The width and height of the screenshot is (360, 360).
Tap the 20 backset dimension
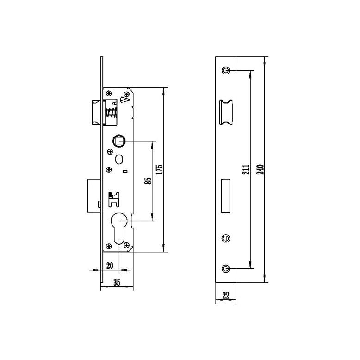pos(110,266)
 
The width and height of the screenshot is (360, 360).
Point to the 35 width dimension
pos(117,283)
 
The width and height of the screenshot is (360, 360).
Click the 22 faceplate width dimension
pos(226,296)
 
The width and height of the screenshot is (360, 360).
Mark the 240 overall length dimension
pos(260,169)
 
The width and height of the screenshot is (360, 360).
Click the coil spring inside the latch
pos(112,113)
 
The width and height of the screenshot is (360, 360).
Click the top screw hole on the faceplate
pos(225,70)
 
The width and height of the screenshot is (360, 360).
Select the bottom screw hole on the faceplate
pos(225,269)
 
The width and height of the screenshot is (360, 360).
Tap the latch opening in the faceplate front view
pos(225,112)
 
